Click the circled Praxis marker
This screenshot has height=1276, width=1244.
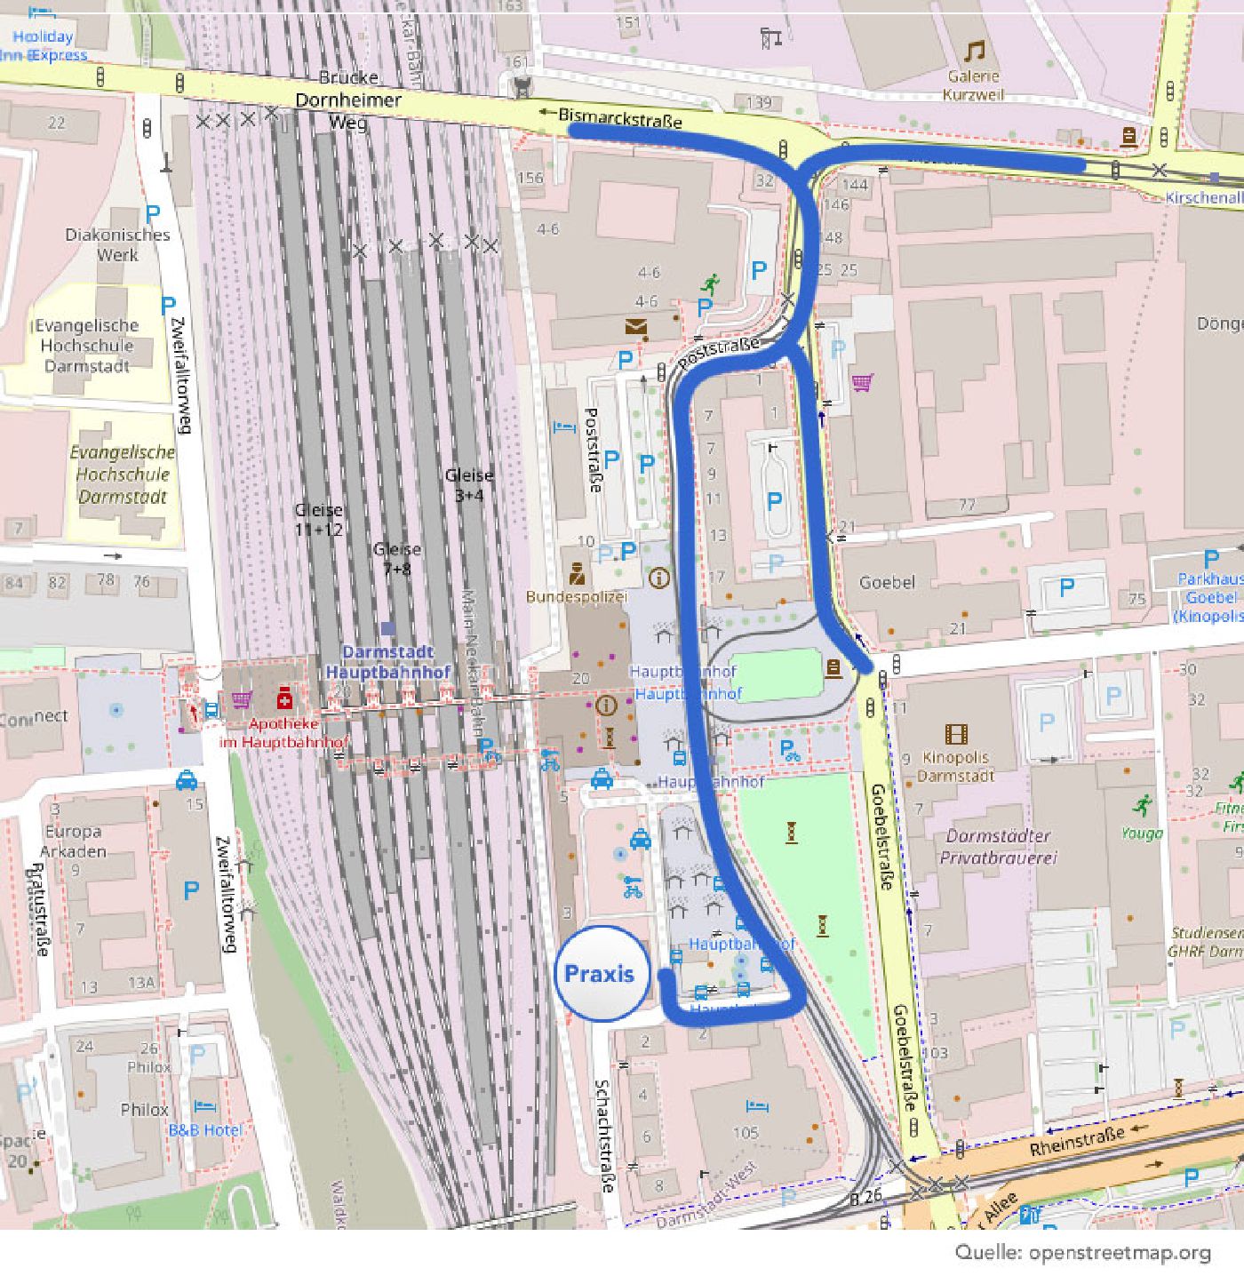point(602,973)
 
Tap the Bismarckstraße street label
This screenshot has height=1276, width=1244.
point(620,117)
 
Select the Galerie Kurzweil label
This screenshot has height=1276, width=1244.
point(973,85)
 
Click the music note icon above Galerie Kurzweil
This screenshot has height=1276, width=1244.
point(975,51)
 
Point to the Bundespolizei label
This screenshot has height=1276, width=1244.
point(576,596)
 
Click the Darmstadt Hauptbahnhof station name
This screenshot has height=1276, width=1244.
point(387,662)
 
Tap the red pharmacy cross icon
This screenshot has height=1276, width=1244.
point(284,697)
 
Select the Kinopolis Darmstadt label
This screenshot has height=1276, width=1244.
point(955,766)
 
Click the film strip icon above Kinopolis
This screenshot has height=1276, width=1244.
point(956,734)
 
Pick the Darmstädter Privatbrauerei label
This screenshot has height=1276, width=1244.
point(998,847)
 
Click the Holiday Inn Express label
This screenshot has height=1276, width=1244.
point(44,45)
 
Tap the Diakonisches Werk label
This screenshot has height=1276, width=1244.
point(117,244)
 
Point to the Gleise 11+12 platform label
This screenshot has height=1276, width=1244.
point(318,519)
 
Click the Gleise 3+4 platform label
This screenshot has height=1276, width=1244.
point(469,484)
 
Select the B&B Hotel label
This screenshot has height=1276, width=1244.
point(205,1129)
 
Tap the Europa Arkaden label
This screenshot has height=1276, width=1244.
point(75,841)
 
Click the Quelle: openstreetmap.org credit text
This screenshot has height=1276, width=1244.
point(1082,1252)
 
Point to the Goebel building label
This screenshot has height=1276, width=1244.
point(887,582)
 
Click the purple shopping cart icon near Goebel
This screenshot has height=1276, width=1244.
point(862,382)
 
